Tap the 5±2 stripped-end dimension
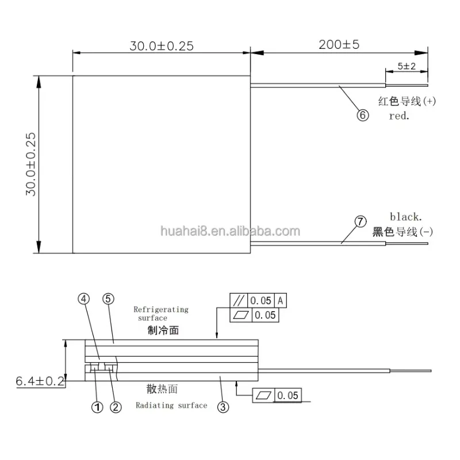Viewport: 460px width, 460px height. coord(407,67)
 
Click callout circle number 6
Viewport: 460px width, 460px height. coord(362,115)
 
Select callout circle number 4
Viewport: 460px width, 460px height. coord(85,299)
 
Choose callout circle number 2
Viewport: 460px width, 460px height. coord(116,407)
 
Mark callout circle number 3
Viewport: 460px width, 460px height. coord(224,407)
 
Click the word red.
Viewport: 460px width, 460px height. coord(398,115)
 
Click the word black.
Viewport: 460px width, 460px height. coord(406,217)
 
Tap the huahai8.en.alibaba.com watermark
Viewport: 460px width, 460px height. coord(229,232)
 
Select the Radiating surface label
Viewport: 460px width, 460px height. coord(171,405)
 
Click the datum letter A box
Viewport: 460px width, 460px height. coord(280,300)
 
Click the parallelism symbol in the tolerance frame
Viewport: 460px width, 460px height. coord(238,300)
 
